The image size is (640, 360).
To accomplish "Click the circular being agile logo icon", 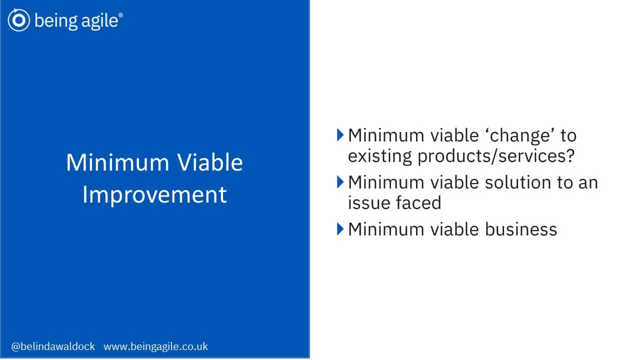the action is click(x=19, y=20).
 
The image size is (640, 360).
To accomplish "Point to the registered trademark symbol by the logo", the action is click(x=120, y=15).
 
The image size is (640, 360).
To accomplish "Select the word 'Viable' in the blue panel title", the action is click(x=210, y=162).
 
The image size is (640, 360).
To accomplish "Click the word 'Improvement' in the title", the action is click(x=154, y=195).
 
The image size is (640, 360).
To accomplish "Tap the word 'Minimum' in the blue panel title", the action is click(x=117, y=162).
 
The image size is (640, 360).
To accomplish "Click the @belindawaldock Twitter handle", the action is click(x=53, y=346).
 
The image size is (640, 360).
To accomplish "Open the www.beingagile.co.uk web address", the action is click(x=155, y=346).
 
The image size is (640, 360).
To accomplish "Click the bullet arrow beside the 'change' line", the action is click(x=340, y=135).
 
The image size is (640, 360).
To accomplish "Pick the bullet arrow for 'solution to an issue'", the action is click(x=340, y=182).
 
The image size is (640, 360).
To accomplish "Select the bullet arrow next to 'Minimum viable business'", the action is click(x=340, y=229).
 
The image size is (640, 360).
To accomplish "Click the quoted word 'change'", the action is click(x=519, y=135).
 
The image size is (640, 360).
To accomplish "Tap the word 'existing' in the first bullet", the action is click(x=379, y=156).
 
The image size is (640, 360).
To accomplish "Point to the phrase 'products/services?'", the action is click(x=496, y=156).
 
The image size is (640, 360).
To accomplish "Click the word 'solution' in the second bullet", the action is click(x=517, y=182).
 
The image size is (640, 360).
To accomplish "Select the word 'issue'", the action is click(x=368, y=203).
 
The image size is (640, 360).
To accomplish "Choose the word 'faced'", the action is click(x=418, y=203).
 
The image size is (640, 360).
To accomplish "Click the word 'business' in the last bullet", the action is click(x=521, y=229).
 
